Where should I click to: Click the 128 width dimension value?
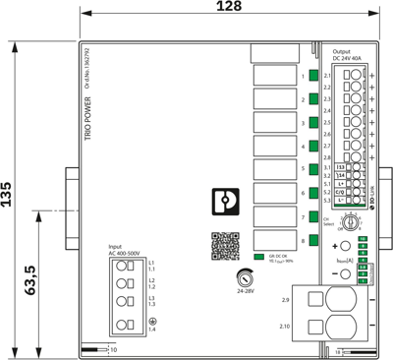pyautogui.click(x=228, y=9)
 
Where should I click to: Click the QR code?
pyautogui.click(x=226, y=244)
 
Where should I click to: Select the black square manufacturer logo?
pyautogui.click(x=226, y=201)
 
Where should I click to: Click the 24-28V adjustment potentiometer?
pyautogui.click(x=245, y=278)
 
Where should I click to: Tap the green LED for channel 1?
pyautogui.click(x=313, y=75)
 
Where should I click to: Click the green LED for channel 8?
pyautogui.click(x=313, y=239)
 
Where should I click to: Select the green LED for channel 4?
pyautogui.click(x=313, y=146)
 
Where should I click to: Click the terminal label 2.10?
pyautogui.click(x=285, y=325)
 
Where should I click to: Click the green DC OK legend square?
pyautogui.click(x=258, y=257)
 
